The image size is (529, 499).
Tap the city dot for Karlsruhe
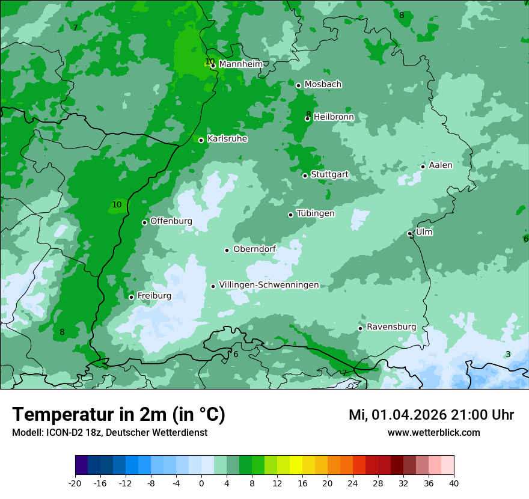(201, 140)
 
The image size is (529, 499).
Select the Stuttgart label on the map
(329, 174)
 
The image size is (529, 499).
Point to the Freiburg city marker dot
(132, 297)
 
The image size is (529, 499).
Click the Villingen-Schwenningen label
(269, 285)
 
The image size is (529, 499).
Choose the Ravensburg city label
(391, 327)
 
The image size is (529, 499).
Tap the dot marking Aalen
(423, 167)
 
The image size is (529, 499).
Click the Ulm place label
(424, 232)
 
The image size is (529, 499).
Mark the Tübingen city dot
(291, 215)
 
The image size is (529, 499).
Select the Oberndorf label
(255, 249)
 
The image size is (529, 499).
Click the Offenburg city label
(171, 221)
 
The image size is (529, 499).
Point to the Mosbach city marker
(298, 85)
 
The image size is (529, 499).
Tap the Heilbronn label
(334, 117)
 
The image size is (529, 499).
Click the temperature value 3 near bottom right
(508, 355)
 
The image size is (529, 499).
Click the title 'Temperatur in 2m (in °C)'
(118, 415)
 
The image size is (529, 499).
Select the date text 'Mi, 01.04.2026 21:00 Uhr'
(431, 415)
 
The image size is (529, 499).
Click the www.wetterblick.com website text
(433, 432)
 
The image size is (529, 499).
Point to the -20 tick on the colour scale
(75, 483)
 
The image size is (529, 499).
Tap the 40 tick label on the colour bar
(454, 483)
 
